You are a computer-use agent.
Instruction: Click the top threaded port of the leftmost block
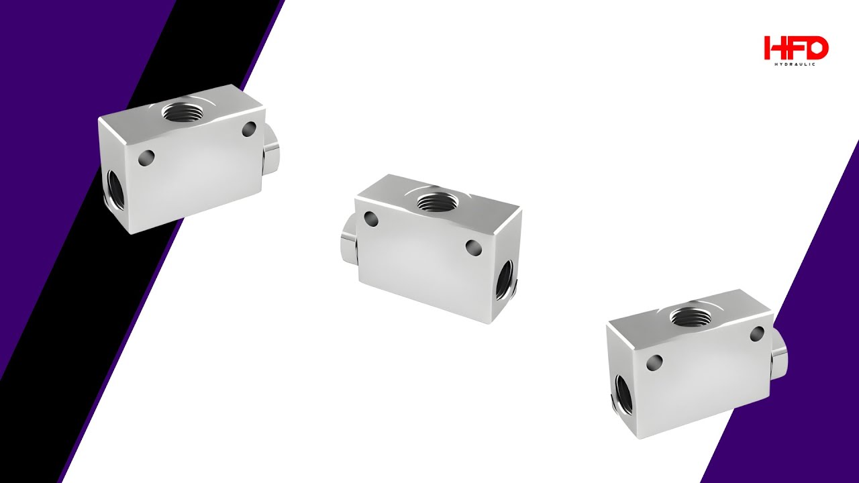pyautogui.click(x=181, y=111)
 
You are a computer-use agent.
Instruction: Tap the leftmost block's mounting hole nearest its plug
pyautogui.click(x=250, y=129)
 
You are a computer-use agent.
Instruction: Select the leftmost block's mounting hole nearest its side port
pyautogui.click(x=146, y=158)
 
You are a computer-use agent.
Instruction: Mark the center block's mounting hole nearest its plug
pyautogui.click(x=370, y=219)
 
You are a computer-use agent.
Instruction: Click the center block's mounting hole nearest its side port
pyautogui.click(x=474, y=248)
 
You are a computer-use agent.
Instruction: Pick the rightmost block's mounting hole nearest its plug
pyautogui.click(x=758, y=333)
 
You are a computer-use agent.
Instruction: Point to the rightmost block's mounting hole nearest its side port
pyautogui.click(x=654, y=363)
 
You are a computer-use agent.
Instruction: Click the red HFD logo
pyautogui.click(x=796, y=48)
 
